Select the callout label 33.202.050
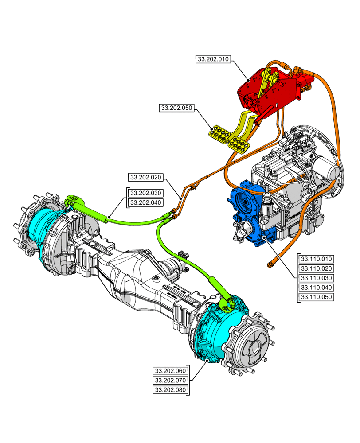[176, 108]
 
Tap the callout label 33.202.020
[145, 178]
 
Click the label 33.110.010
[317, 259]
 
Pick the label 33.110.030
[317, 278]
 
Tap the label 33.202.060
[170, 371]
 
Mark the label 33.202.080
[170, 390]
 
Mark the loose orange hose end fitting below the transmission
[270, 264]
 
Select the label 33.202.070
[170, 381]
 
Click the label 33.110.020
[317, 268]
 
